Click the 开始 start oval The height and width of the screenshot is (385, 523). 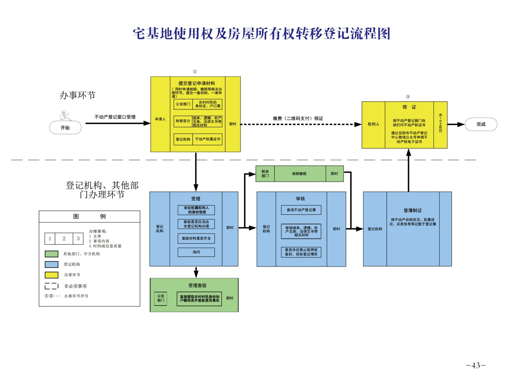65,128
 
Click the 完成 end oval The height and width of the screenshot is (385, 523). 481,124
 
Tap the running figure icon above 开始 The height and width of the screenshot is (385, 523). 65,115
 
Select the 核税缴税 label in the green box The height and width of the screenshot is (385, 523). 299,174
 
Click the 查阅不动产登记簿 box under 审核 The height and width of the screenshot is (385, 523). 301,210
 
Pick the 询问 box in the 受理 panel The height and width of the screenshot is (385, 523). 196,252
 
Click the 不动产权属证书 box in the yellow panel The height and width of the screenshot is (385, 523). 207,139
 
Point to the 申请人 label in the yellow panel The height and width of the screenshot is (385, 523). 160,119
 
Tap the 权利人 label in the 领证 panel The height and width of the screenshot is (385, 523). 373,124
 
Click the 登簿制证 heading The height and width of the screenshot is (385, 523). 413,210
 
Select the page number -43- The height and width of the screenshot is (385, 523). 476,365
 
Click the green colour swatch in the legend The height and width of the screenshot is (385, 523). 51,254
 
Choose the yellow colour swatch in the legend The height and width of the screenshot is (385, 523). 51,275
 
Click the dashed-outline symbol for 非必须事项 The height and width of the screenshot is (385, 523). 51,286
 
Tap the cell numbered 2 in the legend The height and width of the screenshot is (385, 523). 64,239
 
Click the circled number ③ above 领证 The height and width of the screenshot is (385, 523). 408,97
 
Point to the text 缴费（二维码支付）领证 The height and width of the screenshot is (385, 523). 298,118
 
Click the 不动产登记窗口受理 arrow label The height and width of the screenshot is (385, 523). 115,117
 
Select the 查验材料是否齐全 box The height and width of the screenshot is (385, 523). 196,238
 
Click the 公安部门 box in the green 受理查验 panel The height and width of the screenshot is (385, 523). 161,298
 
